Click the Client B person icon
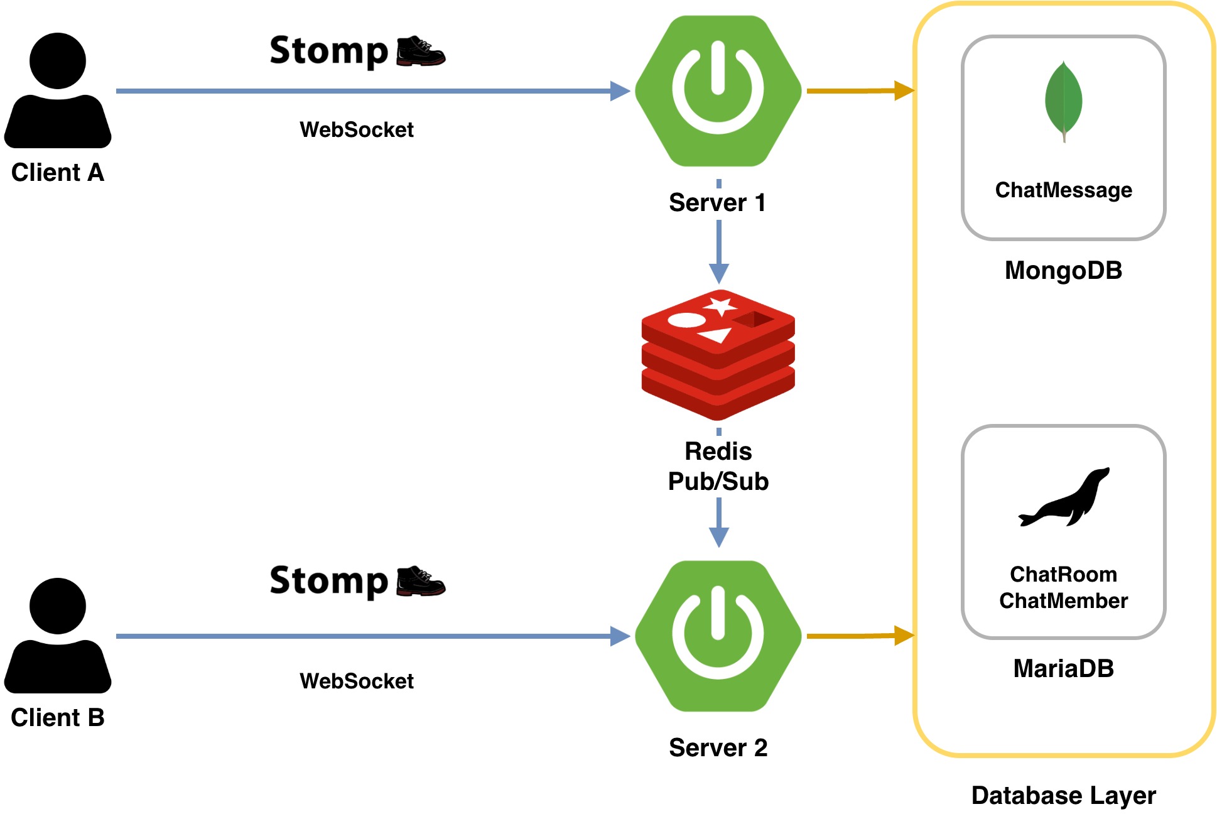[58, 635]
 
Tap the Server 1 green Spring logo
[718, 91]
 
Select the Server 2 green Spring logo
[718, 636]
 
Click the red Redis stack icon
[718, 354]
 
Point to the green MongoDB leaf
[1063, 100]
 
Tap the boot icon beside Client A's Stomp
[421, 51]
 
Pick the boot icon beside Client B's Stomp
[421, 581]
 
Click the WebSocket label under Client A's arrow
[357, 130]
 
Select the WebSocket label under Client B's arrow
[357, 681]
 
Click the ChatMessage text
[1063, 190]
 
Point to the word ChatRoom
[1063, 574]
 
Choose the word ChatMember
[1063, 601]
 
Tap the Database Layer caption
[1063, 796]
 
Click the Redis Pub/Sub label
[718, 467]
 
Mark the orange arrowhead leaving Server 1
[904, 90]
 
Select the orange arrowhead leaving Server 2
[904, 636]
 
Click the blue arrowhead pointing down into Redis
[718, 274]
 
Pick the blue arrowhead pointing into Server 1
[620, 91]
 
